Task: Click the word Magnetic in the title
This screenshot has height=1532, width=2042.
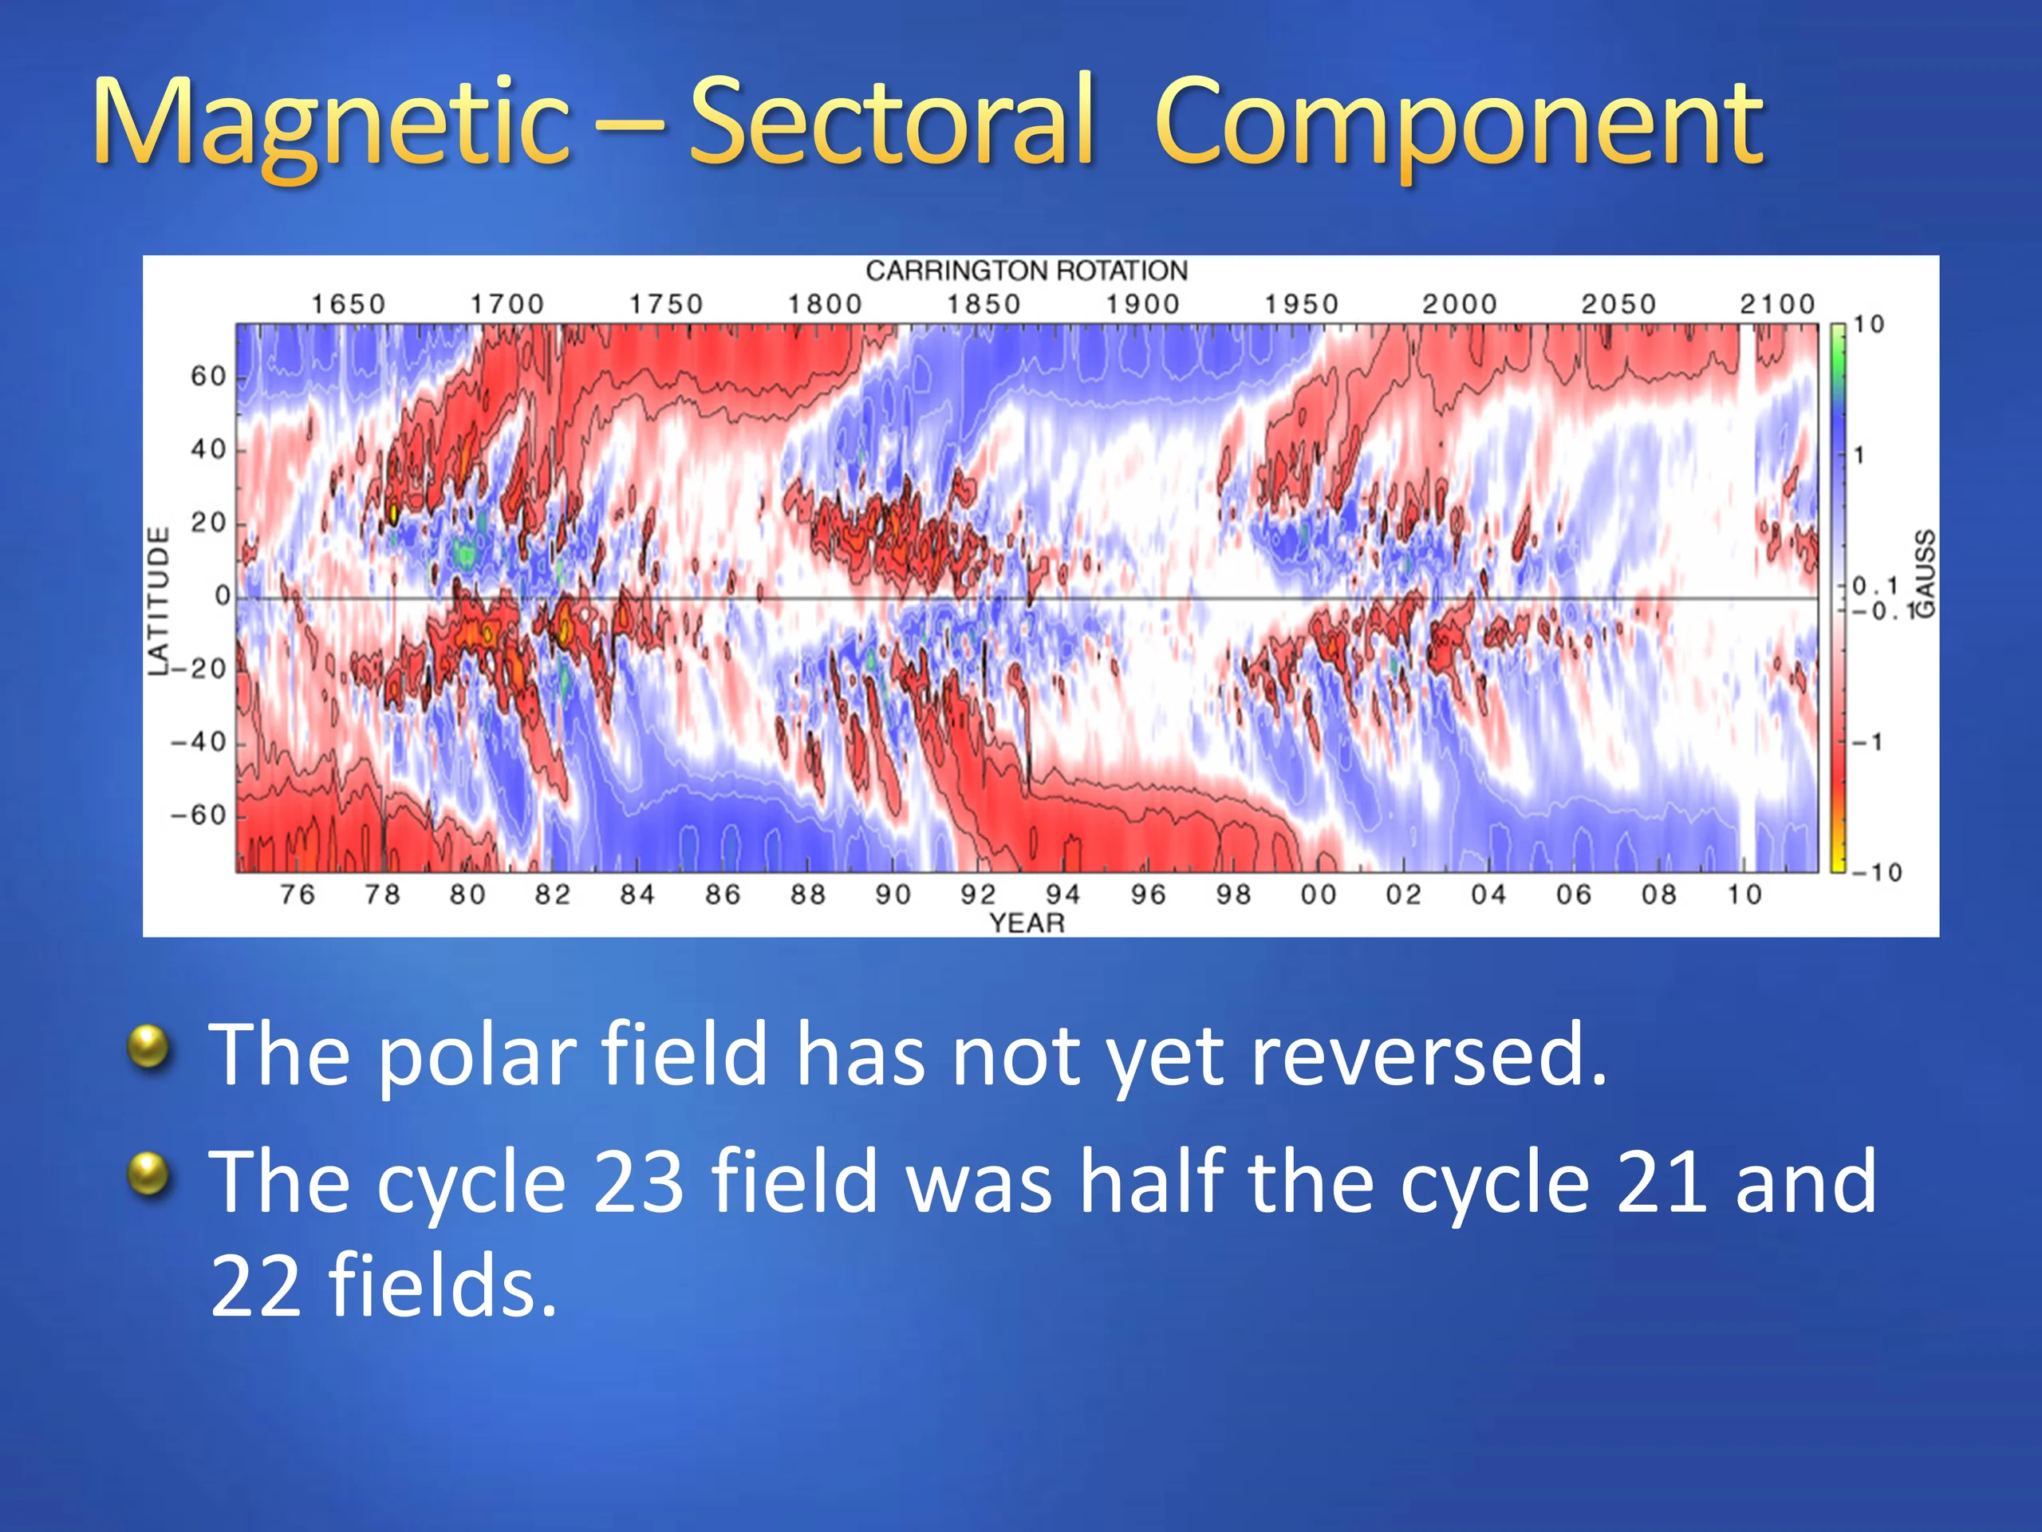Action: [330, 124]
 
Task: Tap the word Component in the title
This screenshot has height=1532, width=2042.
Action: [1460, 124]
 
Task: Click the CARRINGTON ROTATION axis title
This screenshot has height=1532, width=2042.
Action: [1027, 270]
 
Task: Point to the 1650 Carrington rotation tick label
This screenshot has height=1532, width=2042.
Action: [348, 304]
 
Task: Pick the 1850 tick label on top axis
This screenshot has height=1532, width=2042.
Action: [984, 304]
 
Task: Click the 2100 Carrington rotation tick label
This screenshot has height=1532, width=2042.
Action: [1778, 304]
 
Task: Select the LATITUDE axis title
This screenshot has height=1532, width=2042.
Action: [160, 601]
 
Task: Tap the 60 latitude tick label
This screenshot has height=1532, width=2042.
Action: [209, 377]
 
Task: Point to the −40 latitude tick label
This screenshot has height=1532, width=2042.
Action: [199, 741]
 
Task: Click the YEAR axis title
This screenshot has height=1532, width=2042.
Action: [1027, 922]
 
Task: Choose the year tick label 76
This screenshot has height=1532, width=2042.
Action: [298, 894]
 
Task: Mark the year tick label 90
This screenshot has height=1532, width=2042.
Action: [893, 894]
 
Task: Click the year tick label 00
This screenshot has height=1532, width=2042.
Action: [1319, 894]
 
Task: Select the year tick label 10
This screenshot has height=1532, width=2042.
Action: [1744, 894]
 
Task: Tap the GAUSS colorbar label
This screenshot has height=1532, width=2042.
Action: [1925, 574]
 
